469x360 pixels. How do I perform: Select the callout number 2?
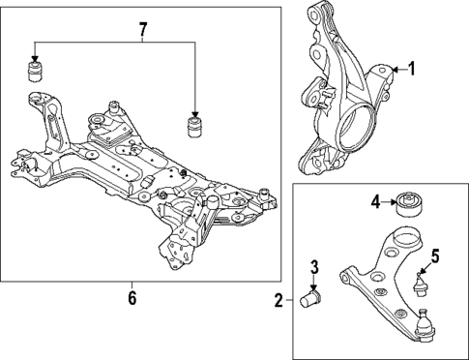278,301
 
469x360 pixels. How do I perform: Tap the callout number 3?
314,268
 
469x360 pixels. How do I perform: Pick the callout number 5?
435,256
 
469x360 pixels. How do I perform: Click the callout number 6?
132,298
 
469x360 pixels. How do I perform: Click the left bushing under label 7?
37,74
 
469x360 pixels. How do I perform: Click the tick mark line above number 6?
132,285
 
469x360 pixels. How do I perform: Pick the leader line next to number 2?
288,301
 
